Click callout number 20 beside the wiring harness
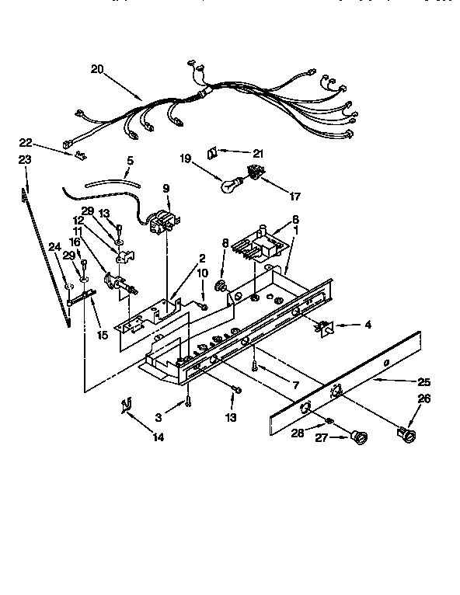pyautogui.click(x=97, y=69)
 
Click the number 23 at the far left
pyautogui.click(x=25, y=160)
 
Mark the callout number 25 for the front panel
pyautogui.click(x=423, y=382)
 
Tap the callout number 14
pyautogui.click(x=159, y=437)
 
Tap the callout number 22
pyautogui.click(x=26, y=142)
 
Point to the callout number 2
pyautogui.click(x=202, y=258)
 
